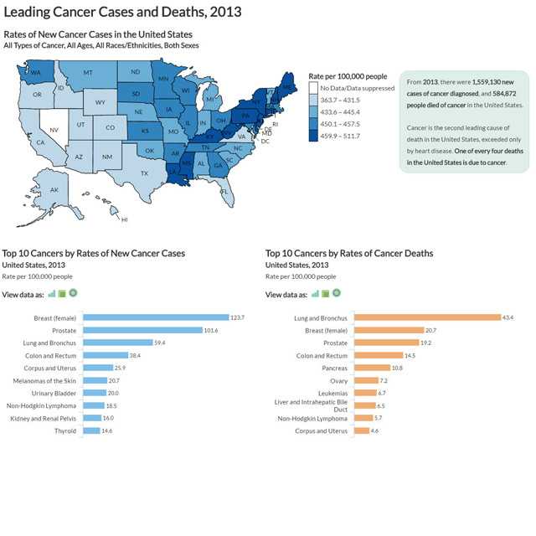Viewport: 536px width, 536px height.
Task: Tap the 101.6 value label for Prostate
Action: (210, 330)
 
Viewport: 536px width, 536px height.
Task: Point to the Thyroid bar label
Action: (65, 430)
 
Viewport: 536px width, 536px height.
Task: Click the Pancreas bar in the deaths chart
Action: (373, 368)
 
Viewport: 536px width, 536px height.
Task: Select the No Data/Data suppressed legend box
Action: (314, 88)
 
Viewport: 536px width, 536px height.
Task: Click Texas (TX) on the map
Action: (144, 173)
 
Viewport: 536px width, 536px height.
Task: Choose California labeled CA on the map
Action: (40, 142)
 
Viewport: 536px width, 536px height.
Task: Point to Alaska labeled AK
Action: (54, 190)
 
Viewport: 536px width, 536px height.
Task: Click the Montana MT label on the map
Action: (87, 73)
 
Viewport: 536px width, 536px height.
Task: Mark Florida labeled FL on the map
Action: (224, 192)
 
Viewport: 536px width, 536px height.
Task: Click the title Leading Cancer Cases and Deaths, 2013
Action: (122, 12)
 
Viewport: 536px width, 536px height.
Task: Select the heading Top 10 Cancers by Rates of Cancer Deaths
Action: (349, 253)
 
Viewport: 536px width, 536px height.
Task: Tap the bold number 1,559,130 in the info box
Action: (493, 82)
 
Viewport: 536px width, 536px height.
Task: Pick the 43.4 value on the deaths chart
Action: (508, 317)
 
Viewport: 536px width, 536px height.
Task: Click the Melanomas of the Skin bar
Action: (95, 380)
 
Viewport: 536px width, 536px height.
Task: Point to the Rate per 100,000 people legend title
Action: (348, 75)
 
